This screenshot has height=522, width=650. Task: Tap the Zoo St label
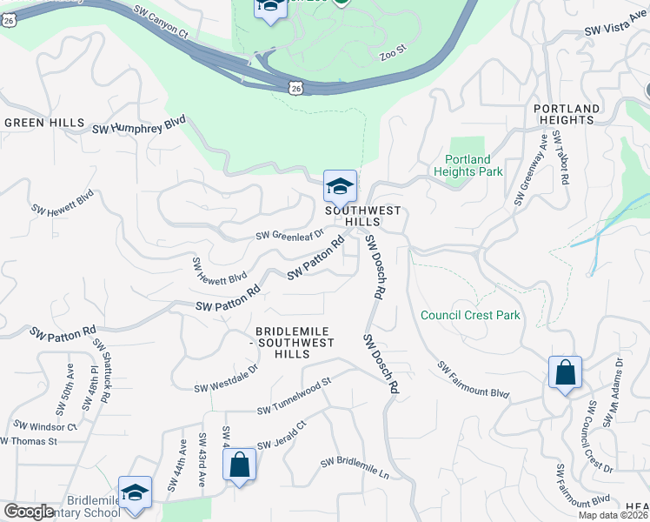(x=393, y=56)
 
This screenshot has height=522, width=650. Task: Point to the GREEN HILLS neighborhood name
(x=44, y=123)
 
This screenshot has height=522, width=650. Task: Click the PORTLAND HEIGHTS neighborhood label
(x=567, y=114)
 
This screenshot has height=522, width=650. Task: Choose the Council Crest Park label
(x=470, y=315)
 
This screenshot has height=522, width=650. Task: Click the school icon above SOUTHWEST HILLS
(x=340, y=186)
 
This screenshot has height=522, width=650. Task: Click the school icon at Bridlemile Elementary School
(x=135, y=492)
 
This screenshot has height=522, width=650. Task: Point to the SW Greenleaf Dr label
(x=289, y=234)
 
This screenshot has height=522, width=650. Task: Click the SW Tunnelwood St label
(x=295, y=395)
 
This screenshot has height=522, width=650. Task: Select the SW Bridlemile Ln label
(x=354, y=467)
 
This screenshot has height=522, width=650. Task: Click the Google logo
(x=29, y=512)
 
